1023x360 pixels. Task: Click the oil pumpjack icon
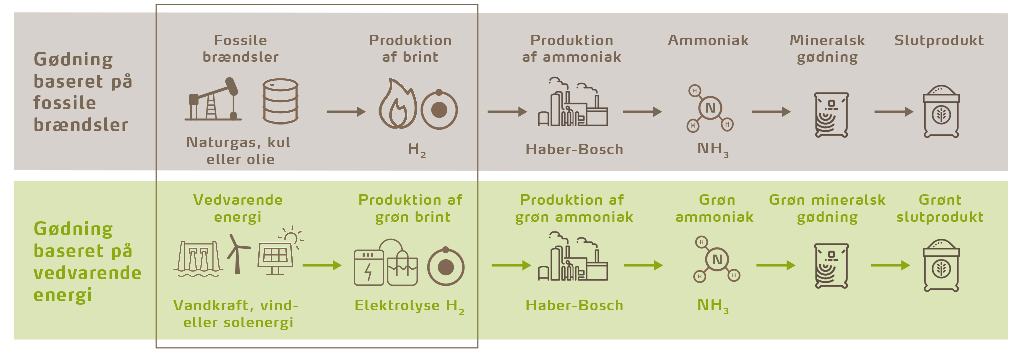click(213, 100)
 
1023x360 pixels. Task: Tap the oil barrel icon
click(280, 101)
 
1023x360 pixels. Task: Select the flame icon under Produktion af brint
click(397, 104)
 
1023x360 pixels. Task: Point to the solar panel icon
click(275, 257)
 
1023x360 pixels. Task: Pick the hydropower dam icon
click(198, 259)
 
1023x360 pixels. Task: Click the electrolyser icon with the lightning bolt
click(369, 268)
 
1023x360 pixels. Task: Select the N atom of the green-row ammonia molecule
click(717, 259)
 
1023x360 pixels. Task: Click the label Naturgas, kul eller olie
click(239, 151)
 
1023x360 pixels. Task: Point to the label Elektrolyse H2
click(409, 306)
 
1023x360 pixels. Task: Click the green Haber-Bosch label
click(574, 305)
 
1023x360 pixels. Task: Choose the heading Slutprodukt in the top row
click(939, 40)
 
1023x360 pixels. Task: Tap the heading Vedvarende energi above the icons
click(238, 208)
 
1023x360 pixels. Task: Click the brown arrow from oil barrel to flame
click(346, 111)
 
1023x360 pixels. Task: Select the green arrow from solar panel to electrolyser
click(322, 265)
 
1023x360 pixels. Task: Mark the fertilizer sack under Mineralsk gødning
click(831, 115)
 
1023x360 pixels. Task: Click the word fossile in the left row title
click(64, 103)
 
